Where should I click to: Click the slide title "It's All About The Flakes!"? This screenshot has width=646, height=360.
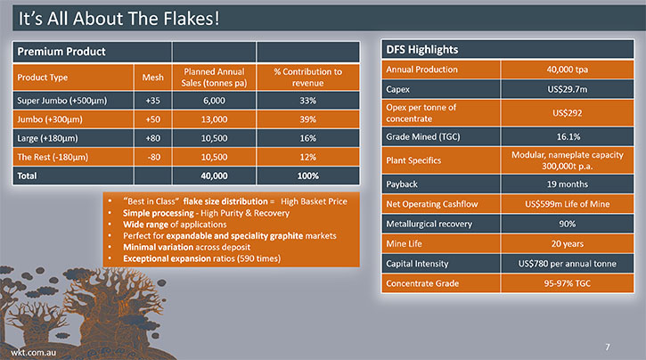tap(119, 19)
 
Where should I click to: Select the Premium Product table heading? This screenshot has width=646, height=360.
tap(61, 52)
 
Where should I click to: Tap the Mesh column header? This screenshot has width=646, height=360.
tap(153, 78)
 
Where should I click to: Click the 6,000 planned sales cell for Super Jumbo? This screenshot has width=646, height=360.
tap(214, 101)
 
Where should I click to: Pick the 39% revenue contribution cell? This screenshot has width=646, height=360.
tap(307, 119)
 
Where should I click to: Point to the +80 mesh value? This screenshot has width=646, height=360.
tap(153, 138)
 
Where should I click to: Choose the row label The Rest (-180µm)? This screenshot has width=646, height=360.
tap(53, 157)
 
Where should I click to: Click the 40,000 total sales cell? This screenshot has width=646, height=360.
tap(214, 176)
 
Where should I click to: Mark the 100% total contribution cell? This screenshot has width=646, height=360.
tap(307, 176)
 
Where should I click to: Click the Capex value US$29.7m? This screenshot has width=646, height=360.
tap(568, 89)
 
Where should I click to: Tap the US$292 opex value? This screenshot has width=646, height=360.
tap(568, 113)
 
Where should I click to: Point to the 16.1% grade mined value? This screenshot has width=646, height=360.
tap(568, 136)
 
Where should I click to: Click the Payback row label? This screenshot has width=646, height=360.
tap(402, 184)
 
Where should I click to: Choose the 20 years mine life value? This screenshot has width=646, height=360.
tap(568, 244)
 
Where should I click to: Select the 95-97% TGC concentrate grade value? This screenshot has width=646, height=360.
tap(568, 283)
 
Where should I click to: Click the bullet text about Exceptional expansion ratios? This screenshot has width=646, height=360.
tap(202, 258)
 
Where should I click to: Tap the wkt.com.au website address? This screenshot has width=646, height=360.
tap(33, 353)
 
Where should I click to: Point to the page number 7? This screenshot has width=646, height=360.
tap(608, 348)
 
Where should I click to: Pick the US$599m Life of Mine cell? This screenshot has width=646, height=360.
tap(568, 204)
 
